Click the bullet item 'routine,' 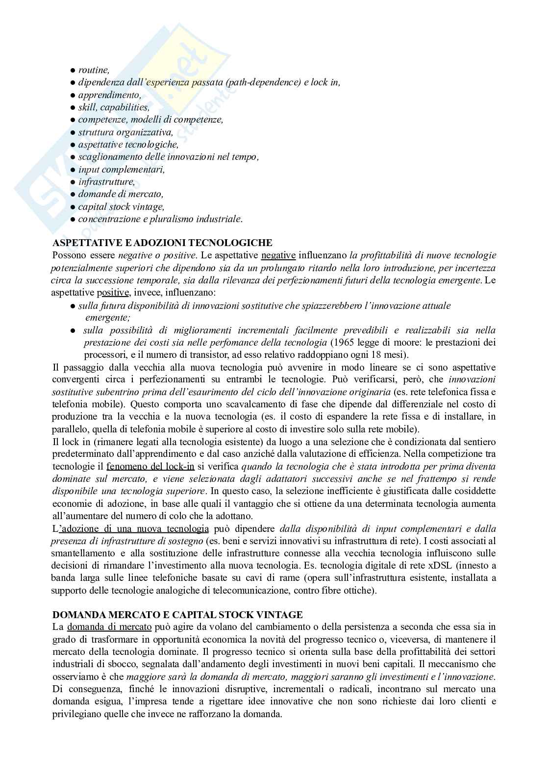94,70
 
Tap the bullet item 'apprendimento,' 109,95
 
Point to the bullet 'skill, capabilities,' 114,107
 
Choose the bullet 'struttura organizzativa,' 125,132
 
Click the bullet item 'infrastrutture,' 106,182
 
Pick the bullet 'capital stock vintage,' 121,206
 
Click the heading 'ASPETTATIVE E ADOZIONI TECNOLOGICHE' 162,243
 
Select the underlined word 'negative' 278,255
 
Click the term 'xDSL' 438,566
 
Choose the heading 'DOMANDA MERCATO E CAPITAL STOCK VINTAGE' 177,614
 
